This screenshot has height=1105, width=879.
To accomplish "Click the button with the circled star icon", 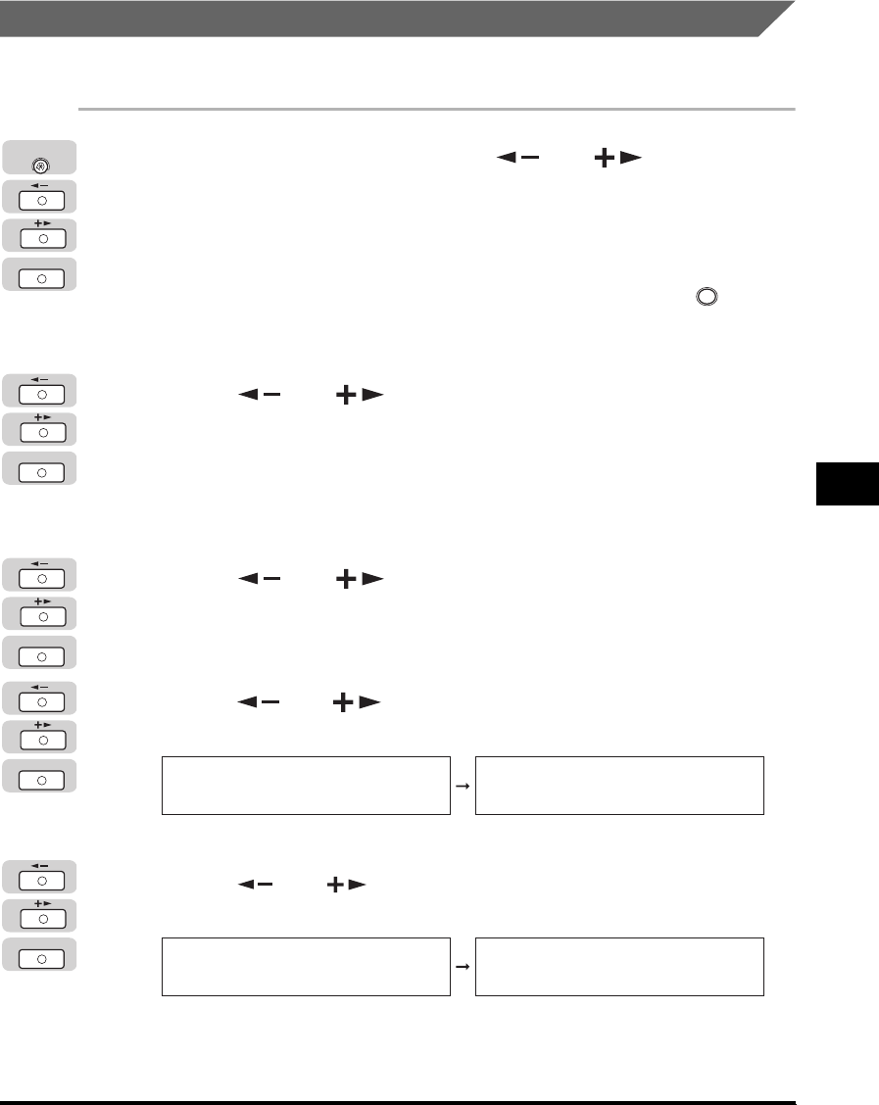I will (x=41, y=157).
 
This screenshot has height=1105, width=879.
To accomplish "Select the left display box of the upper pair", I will (x=306, y=785).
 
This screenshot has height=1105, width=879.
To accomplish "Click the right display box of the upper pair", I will (x=619, y=785).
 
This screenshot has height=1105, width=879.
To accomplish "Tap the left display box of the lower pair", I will (x=306, y=967).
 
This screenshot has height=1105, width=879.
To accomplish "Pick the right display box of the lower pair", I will (x=619, y=967).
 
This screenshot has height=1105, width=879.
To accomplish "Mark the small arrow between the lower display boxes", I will (x=463, y=967).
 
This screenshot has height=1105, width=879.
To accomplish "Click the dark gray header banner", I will (x=392, y=19).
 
